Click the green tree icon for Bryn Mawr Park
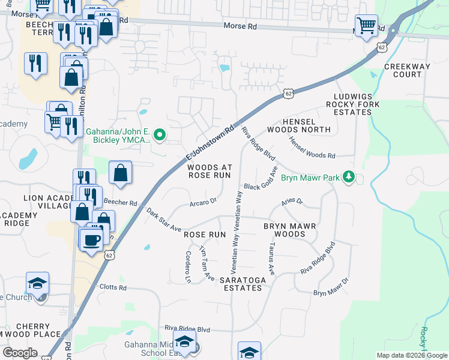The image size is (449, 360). (x=348, y=177)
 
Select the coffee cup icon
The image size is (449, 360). (x=91, y=241)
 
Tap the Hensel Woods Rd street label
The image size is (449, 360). (x=312, y=148)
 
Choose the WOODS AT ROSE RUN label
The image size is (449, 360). (x=209, y=171)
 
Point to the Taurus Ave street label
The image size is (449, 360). (x=271, y=259)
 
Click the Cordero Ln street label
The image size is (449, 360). (x=188, y=266)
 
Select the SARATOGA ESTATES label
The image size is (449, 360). (x=241, y=284)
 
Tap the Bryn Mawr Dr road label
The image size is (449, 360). (x=331, y=287)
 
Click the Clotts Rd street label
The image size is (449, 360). (x=113, y=287)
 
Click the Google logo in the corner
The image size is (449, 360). (x=20, y=353)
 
